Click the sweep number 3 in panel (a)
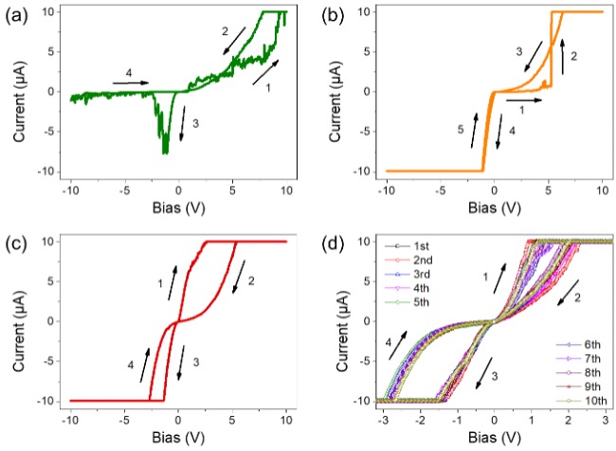(194, 124)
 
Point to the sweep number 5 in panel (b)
(460, 133)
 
